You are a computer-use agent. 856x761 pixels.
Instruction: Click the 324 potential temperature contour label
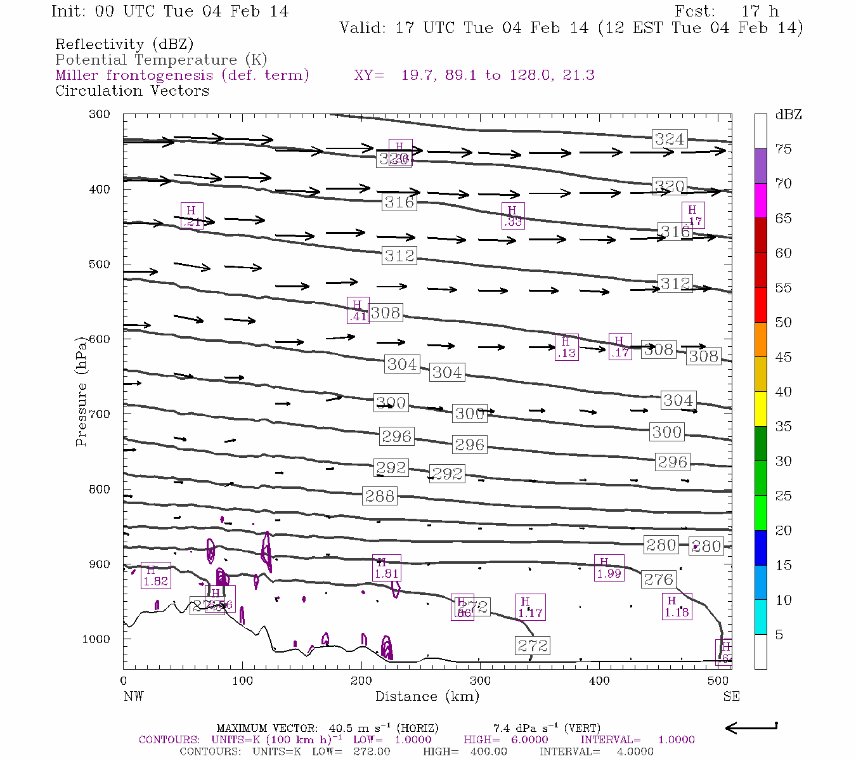click(x=670, y=139)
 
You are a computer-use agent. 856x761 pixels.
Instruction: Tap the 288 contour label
click(x=380, y=496)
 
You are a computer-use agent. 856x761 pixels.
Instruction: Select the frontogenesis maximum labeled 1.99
click(x=609, y=568)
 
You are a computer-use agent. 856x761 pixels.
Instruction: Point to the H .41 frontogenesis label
click(x=358, y=310)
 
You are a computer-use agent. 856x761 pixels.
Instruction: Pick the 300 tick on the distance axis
click(x=480, y=681)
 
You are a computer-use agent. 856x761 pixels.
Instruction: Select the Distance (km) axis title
click(x=427, y=696)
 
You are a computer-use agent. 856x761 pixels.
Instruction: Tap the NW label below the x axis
click(x=133, y=696)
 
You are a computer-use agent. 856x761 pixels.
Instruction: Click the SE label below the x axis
click(x=731, y=696)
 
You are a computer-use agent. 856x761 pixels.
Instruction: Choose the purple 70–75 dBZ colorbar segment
click(x=761, y=166)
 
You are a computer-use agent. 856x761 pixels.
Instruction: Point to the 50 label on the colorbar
click(x=784, y=323)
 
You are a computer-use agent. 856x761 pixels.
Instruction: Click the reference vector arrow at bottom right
click(x=751, y=727)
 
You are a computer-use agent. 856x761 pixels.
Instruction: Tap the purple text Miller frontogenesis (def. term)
click(x=182, y=75)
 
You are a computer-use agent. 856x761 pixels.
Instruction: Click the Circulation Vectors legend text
click(x=132, y=91)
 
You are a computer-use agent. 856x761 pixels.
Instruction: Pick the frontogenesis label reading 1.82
click(x=155, y=575)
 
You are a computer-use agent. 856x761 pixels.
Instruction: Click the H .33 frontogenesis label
click(x=512, y=216)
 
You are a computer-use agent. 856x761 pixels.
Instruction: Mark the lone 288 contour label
click(x=380, y=496)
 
